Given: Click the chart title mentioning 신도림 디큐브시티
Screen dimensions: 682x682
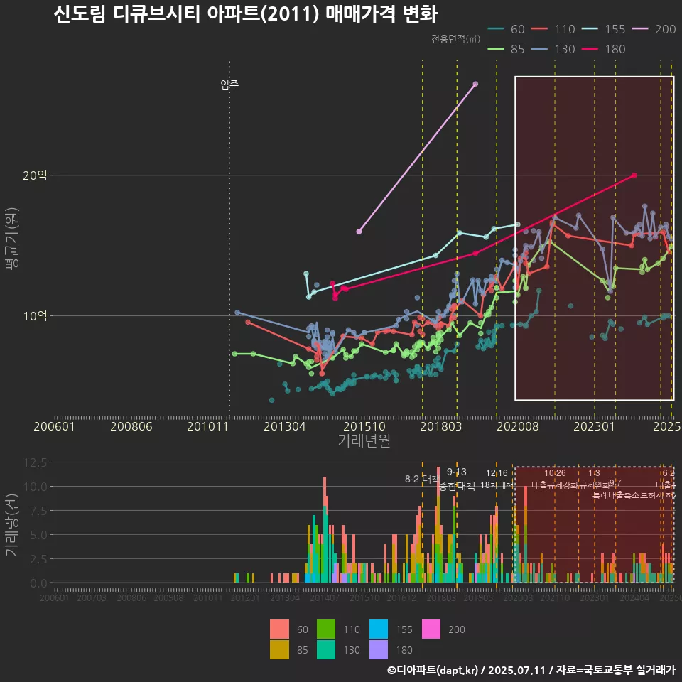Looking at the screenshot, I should (x=245, y=14).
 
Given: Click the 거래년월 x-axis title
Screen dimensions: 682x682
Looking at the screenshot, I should (x=364, y=442).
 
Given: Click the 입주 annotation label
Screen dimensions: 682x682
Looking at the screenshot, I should (x=229, y=85).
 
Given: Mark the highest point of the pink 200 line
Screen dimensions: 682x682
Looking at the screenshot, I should (x=475, y=84).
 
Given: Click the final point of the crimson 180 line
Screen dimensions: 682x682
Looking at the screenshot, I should (x=634, y=175).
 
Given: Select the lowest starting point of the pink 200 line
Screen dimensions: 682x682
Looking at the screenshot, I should (x=359, y=232).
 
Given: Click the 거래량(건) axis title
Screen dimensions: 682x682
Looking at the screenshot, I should (x=12, y=522).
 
